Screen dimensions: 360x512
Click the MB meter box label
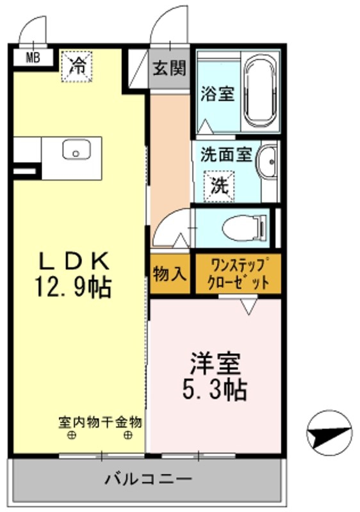pyautogui.click(x=33, y=58)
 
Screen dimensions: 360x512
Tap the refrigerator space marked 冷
pyautogui.click(x=76, y=67)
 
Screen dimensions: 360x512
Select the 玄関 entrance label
pyautogui.click(x=170, y=68)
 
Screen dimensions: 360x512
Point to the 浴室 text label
pyautogui.click(x=218, y=93)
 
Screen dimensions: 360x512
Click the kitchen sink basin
pyautogui.click(x=76, y=150)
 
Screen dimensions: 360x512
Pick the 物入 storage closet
pyautogui.click(x=170, y=273)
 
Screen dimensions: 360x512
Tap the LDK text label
pyautogui.click(x=74, y=260)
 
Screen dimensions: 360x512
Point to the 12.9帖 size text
pyautogui.click(x=73, y=287)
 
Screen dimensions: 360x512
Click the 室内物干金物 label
pyautogui.click(x=100, y=422)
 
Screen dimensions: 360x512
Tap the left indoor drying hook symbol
pyautogui.click(x=72, y=435)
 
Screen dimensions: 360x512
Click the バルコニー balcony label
pyautogui.click(x=148, y=479)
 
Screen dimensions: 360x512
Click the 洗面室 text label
pyautogui.click(x=225, y=154)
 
